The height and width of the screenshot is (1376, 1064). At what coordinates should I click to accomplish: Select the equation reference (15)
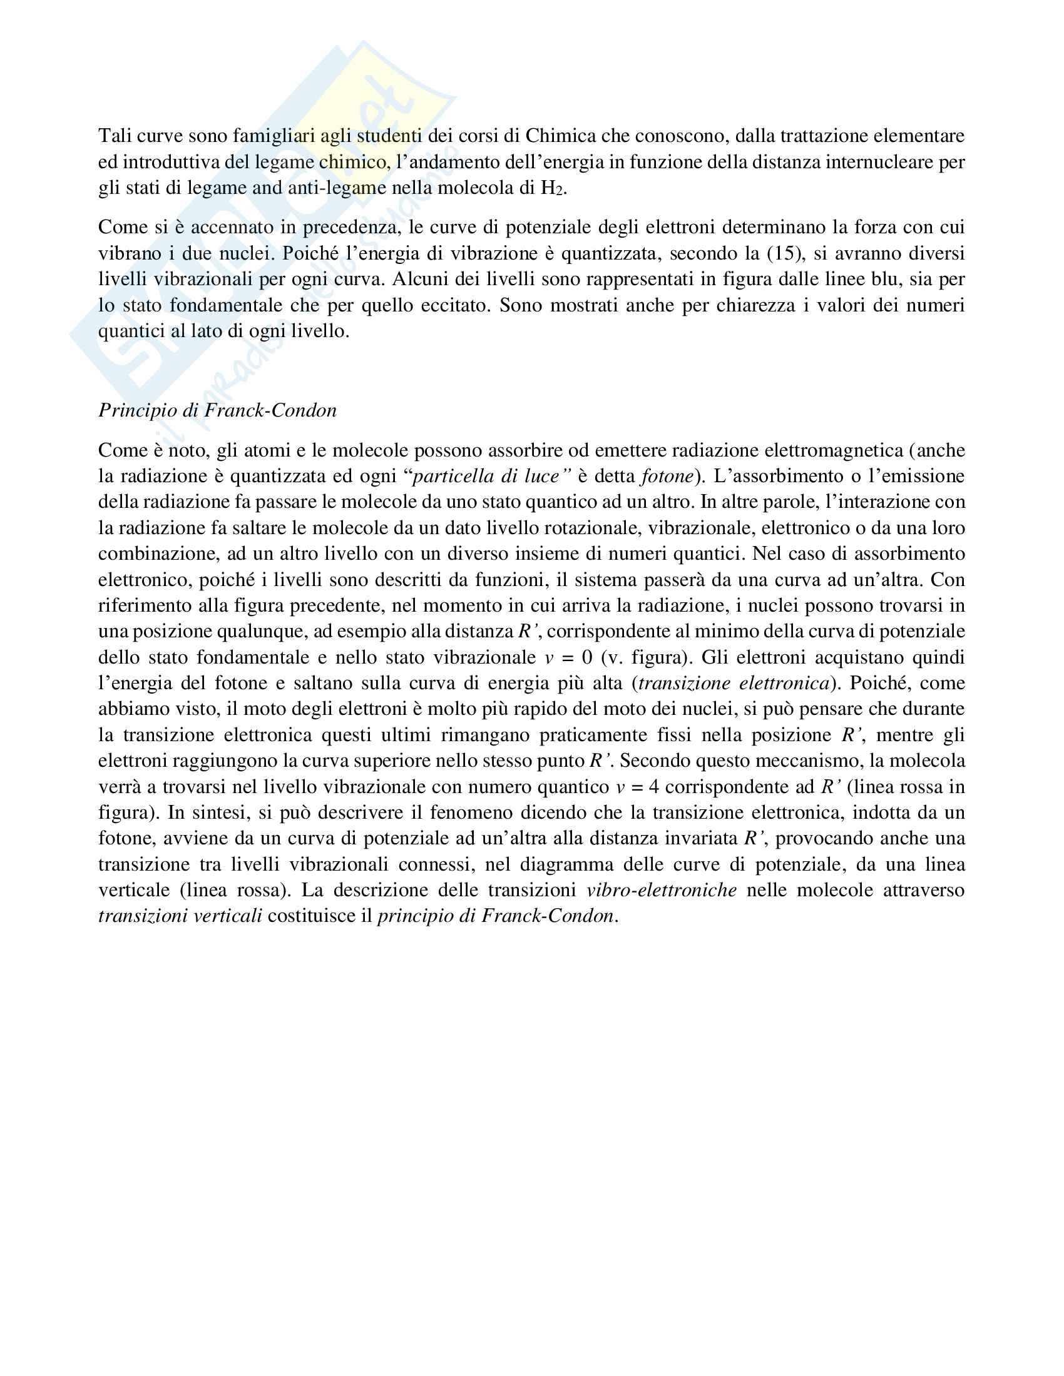[x=784, y=253]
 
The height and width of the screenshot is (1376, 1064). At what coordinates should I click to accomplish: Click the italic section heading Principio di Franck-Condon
[x=217, y=410]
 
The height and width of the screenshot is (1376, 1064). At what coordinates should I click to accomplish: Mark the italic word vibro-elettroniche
[x=661, y=890]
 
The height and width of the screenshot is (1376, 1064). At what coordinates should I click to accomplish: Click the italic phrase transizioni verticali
[x=180, y=916]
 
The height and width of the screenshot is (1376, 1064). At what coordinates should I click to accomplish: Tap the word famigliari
[x=274, y=136]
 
